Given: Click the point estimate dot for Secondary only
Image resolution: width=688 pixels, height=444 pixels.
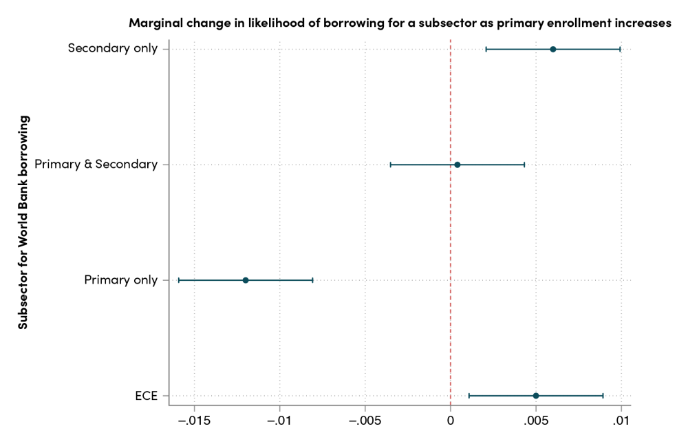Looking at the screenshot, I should coord(553,49).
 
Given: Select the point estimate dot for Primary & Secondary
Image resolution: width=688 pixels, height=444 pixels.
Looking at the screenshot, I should coord(457,165).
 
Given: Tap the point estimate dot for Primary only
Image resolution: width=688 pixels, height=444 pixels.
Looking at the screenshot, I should coord(246,280).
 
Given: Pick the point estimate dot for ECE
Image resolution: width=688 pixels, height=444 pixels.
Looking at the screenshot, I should coord(536,396).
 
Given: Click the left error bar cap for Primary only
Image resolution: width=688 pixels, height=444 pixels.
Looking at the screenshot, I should coord(178,280).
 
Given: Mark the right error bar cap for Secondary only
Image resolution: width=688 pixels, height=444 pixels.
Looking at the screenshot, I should coord(620,49).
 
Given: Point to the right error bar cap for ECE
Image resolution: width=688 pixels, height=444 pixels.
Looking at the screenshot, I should coord(603,396).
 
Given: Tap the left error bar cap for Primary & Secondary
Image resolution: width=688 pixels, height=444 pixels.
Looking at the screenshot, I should coord(390,165).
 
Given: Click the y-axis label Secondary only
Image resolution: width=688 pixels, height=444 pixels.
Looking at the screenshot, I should coord(114,49).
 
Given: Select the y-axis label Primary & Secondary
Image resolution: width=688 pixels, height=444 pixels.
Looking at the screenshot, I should coord(96,165).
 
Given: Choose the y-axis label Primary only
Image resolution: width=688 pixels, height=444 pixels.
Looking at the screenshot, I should coord(121,280).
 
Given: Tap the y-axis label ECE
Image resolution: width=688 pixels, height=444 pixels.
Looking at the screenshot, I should coord(147,396).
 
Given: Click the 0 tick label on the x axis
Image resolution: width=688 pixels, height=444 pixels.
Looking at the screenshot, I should coord(451,421).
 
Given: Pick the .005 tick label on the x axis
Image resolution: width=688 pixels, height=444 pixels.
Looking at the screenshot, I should coord(535,421).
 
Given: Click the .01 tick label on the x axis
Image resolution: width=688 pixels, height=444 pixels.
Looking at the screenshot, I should coord(621,421).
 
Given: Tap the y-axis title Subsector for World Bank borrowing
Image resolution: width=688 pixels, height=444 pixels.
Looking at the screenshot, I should coord(23,222).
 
